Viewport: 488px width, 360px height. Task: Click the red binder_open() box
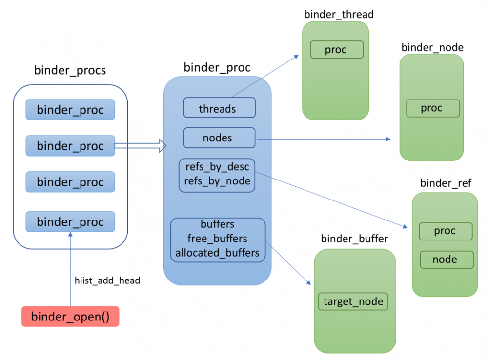(x=70, y=317)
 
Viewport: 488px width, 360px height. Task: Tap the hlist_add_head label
(x=107, y=280)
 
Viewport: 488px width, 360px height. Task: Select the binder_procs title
(x=70, y=70)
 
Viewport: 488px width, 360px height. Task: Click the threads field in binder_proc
(x=219, y=108)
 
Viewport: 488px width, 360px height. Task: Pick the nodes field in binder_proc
(x=219, y=138)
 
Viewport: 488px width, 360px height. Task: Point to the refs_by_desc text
(x=217, y=167)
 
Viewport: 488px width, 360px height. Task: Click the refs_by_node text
(x=217, y=181)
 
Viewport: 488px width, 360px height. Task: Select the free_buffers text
(x=217, y=239)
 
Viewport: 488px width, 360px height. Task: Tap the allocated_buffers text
(x=217, y=253)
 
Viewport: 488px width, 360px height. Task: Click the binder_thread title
(x=339, y=14)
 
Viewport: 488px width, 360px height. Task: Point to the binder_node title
(x=432, y=47)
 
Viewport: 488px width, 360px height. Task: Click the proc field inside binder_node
(x=433, y=108)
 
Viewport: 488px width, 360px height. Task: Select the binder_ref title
(x=446, y=183)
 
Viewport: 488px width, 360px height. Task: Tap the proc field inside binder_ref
(x=446, y=231)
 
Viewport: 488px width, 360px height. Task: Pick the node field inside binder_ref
(x=446, y=260)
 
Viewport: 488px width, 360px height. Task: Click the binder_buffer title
(x=354, y=239)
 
